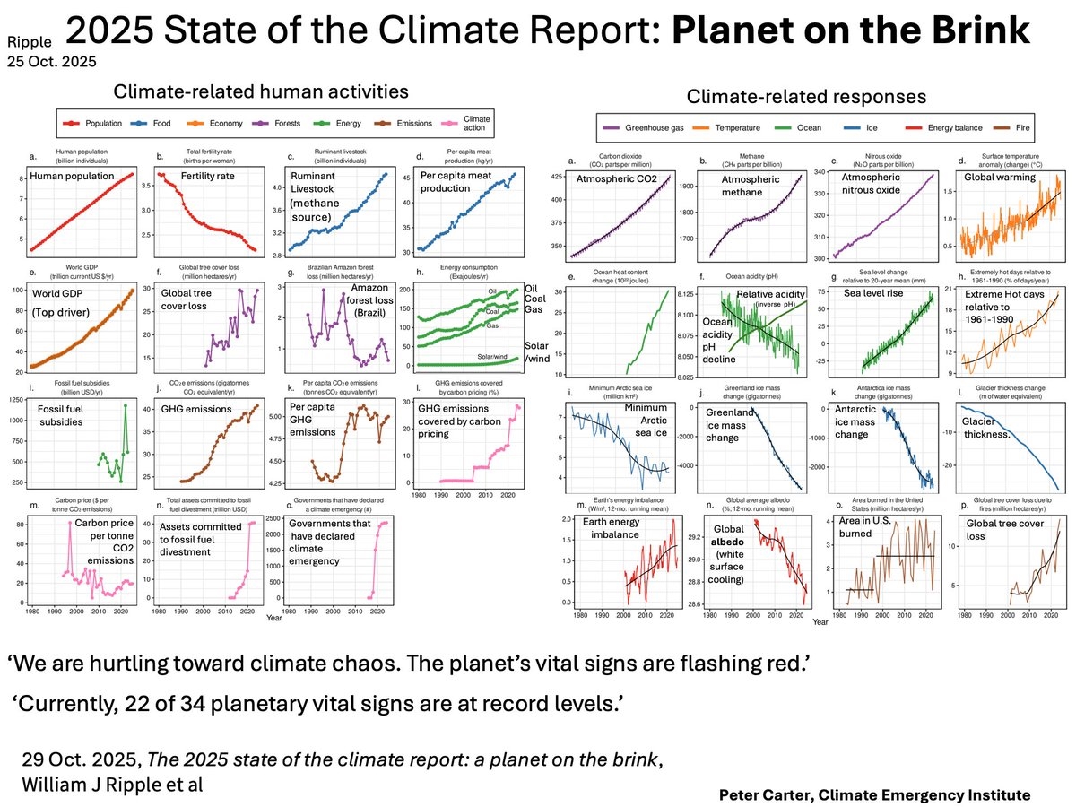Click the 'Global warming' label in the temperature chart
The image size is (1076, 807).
999,178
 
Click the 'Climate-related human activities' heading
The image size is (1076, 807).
261,91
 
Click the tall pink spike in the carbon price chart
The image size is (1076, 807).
70,523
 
